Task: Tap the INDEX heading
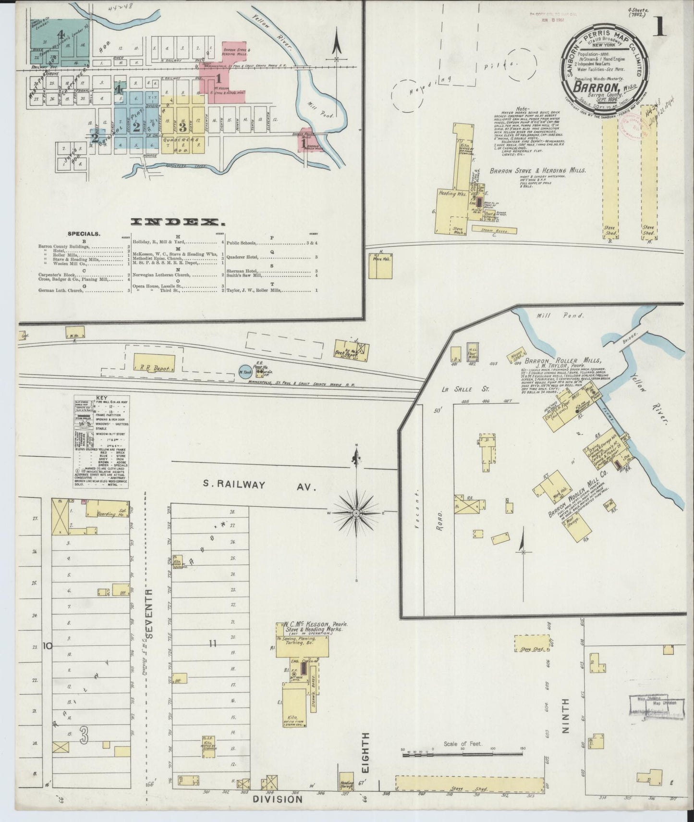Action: pos(178,222)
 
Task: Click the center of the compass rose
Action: pos(356,513)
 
